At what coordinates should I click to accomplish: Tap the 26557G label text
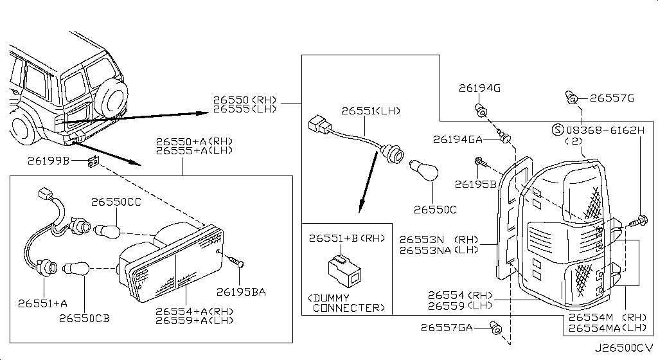click(x=612, y=98)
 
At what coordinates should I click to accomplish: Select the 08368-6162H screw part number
click(x=605, y=130)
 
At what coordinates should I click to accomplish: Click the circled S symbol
click(x=557, y=130)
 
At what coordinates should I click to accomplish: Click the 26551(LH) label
click(x=371, y=111)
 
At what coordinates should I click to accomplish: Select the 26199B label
click(x=49, y=160)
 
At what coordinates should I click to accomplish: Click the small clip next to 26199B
click(x=93, y=162)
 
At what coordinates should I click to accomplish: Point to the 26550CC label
click(x=116, y=201)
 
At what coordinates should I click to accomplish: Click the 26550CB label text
click(x=85, y=318)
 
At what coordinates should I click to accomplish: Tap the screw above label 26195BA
click(x=235, y=262)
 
